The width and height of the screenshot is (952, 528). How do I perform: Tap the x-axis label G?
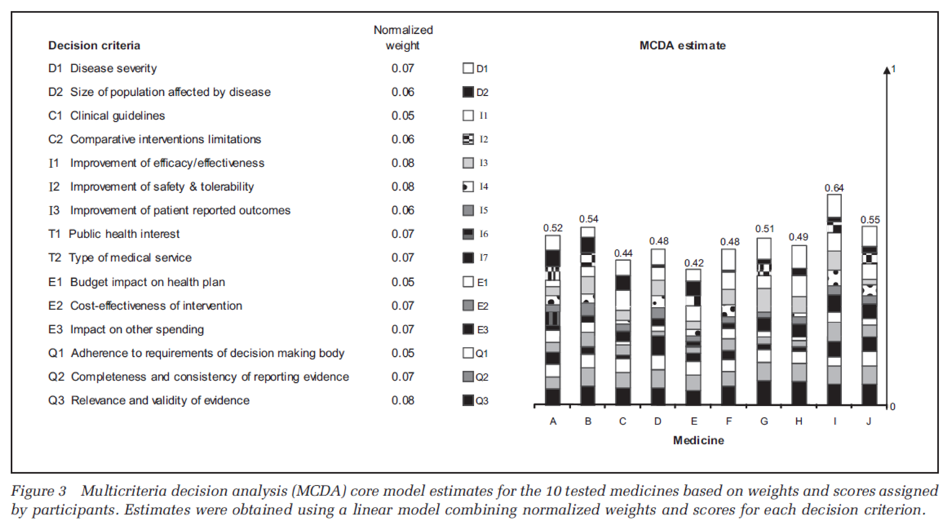coord(764,421)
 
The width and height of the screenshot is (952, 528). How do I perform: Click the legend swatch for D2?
coord(468,92)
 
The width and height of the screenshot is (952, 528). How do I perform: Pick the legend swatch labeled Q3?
coord(468,400)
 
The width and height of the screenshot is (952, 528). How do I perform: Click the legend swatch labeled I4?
coord(468,187)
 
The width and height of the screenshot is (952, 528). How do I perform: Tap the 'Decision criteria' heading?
coord(94,45)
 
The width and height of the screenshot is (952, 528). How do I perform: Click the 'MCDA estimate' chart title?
coord(682,45)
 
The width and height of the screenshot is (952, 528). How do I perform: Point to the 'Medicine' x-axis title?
coord(698,440)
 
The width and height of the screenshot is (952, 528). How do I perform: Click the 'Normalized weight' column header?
coord(403,37)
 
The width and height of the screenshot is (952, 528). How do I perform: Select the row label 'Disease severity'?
coord(114,68)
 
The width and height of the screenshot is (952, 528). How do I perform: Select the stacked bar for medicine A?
coord(552,320)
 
